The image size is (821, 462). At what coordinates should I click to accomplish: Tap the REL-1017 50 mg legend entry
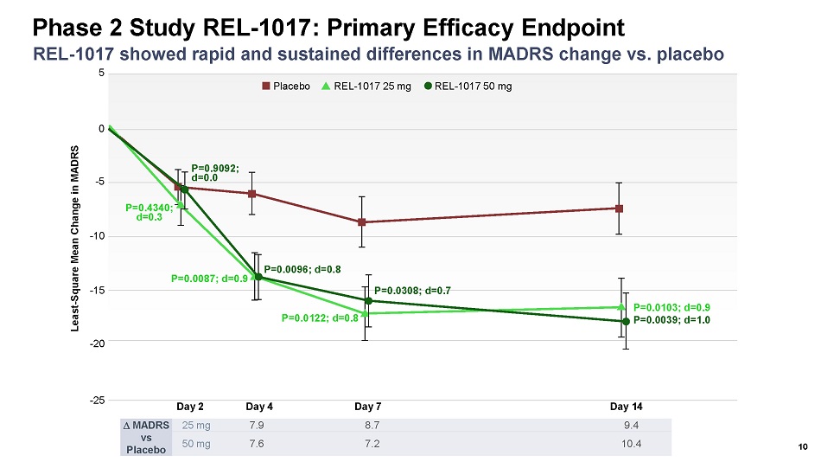coord(468,86)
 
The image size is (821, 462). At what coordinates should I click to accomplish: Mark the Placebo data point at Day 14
coord(620,209)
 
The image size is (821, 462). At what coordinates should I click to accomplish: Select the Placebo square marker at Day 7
coord(362,222)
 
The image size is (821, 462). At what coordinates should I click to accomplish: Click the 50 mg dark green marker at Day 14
coord(626,322)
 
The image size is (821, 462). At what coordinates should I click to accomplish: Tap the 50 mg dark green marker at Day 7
coord(368,300)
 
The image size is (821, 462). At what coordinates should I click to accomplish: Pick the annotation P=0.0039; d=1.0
coord(671,320)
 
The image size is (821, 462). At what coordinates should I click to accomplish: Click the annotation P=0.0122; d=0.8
coord(320,318)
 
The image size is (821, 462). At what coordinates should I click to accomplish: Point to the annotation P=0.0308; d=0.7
coord(413,290)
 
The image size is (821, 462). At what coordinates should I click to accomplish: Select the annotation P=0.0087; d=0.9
coord(210,279)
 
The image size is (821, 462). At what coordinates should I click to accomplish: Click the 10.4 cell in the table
coord(631,444)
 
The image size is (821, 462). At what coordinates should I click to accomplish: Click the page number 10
coord(803,447)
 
